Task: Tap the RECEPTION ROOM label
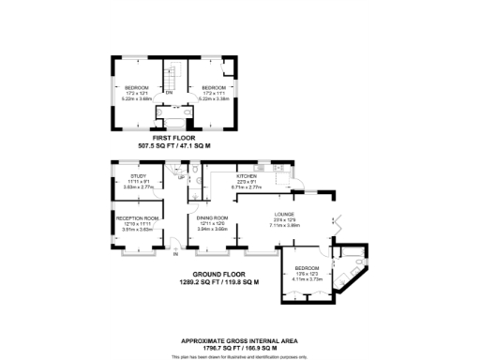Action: click(136, 217)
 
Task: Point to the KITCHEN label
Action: click(247, 175)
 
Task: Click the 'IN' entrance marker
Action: click(175, 254)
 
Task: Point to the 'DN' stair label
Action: click(170, 94)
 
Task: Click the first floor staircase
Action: click(172, 74)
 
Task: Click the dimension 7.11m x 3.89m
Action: click(283, 225)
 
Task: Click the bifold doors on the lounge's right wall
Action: click(334, 225)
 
